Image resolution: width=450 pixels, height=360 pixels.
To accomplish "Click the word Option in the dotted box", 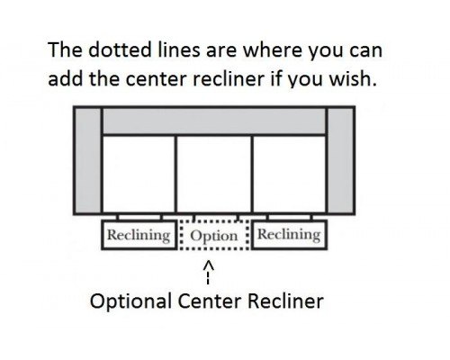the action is point(214,236).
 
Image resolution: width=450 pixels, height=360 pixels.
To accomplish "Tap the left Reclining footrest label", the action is point(139,235).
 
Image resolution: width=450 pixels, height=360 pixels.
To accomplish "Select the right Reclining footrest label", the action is point(289,234).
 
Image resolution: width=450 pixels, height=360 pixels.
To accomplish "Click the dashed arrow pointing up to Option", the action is point(209,273).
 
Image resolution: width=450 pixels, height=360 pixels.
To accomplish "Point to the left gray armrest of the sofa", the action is point(87,160).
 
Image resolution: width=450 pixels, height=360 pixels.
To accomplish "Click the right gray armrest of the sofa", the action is point(341,160).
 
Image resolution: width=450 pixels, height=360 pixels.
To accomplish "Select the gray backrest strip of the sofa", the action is point(214,121).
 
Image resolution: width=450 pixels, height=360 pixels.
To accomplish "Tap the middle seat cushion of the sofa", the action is point(214,174).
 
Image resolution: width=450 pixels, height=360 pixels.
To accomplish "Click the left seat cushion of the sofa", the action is point(139,174).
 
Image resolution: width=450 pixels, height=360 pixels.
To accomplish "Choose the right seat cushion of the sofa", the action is point(289,174).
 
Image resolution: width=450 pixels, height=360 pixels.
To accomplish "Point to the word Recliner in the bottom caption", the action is point(285,301).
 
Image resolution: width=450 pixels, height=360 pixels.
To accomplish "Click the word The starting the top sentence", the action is point(65,49).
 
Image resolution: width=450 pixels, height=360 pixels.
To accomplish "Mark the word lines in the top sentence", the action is point(178,49).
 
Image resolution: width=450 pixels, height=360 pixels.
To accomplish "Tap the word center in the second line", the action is point(156,79).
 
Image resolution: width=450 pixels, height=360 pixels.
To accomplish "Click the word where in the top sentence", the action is point(272,49).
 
